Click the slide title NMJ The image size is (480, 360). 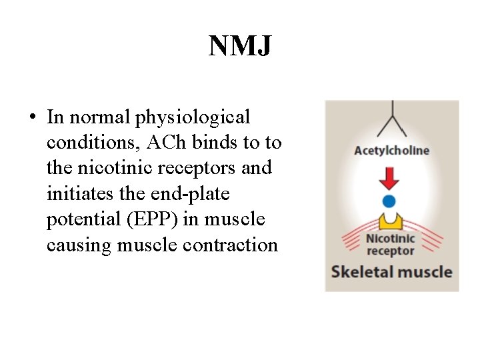pyautogui.click(x=239, y=46)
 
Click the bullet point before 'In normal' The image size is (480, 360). pyautogui.click(x=33, y=118)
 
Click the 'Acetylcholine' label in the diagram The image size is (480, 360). pyautogui.click(x=391, y=150)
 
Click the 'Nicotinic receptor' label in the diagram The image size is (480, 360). pyautogui.click(x=391, y=244)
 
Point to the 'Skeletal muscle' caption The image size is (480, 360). pyautogui.click(x=391, y=272)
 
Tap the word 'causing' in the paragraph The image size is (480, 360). pyautogui.click(x=79, y=245)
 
